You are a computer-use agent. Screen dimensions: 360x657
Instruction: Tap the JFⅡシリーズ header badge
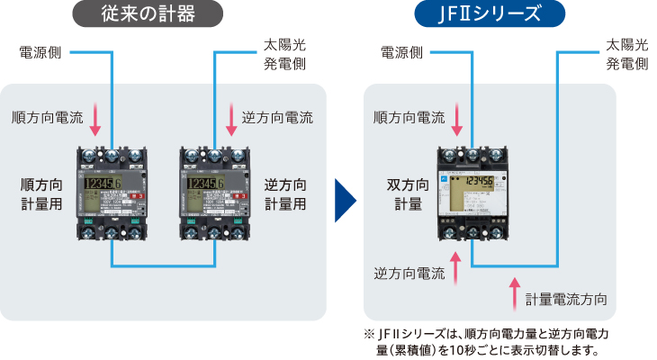490,15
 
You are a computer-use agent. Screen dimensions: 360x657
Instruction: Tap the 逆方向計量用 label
285,193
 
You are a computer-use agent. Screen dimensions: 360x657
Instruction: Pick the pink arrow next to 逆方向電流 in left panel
229,117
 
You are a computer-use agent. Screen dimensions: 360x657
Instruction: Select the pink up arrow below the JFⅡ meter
457,269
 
